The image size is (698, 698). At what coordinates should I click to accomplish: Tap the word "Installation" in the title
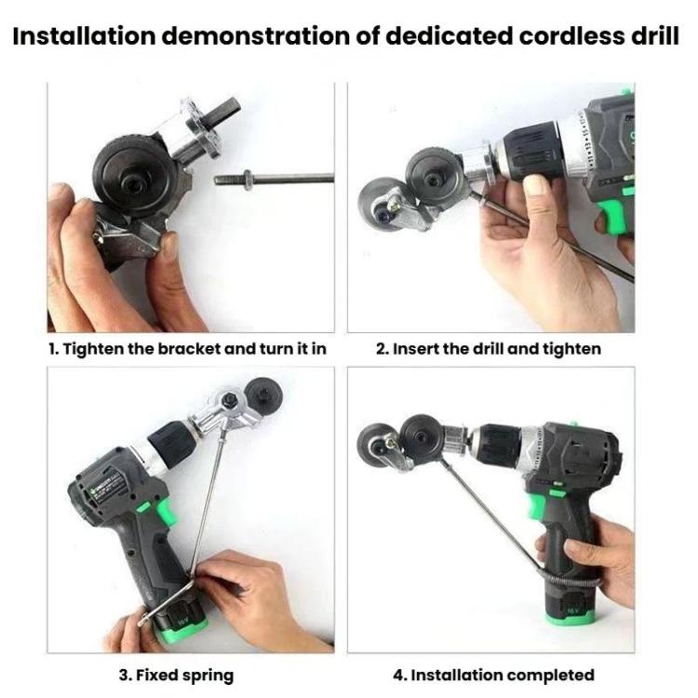tap(83, 35)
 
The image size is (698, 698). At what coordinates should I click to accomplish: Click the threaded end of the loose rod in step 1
tap(228, 180)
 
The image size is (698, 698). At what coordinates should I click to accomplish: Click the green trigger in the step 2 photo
tap(614, 216)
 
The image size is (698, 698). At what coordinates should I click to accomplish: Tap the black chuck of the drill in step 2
tap(531, 152)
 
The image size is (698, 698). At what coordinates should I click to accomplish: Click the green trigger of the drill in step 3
tap(164, 513)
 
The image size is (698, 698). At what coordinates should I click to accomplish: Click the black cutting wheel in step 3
tap(266, 393)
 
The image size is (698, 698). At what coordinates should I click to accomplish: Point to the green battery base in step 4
tap(570, 613)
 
